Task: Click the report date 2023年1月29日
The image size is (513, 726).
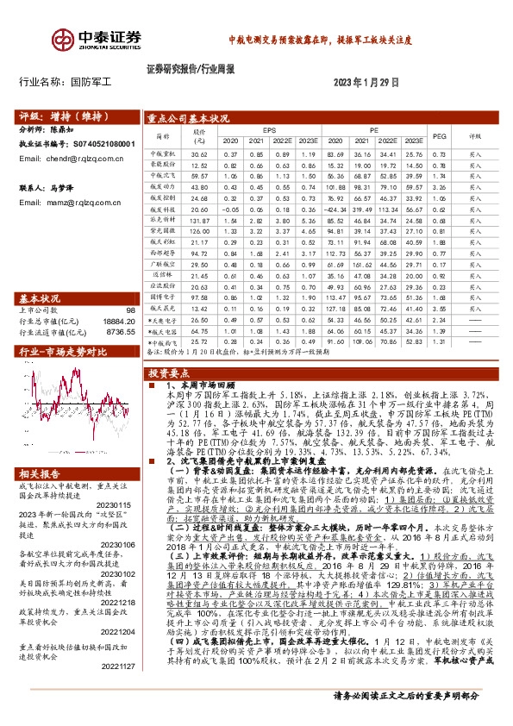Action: coord(367,83)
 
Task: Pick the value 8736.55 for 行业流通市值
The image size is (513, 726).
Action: coord(122,331)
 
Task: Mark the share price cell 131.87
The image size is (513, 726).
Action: coord(200,221)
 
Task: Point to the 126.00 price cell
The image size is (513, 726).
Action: coord(200,232)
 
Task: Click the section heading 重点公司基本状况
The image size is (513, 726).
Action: coord(187,118)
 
